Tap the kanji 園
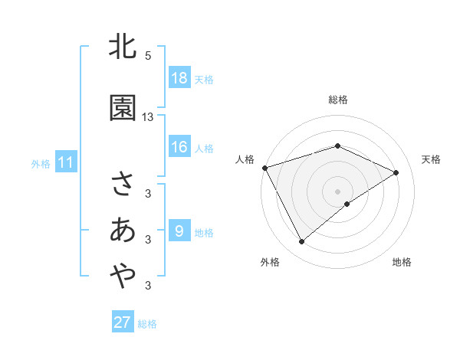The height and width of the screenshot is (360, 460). [123, 108]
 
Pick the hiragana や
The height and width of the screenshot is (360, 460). [123, 276]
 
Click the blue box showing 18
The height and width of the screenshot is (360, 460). [179, 78]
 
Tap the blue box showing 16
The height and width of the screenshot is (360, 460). [179, 148]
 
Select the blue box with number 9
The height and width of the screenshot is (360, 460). [179, 232]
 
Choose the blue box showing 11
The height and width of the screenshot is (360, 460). [65, 162]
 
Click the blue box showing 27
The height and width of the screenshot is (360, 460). [122, 322]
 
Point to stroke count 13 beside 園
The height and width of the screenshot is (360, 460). [148, 117]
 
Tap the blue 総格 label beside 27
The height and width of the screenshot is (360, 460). [147, 324]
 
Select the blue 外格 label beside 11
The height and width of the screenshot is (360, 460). [41, 164]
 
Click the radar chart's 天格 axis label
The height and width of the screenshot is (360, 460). [431, 159]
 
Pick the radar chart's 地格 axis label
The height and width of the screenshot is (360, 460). [402, 262]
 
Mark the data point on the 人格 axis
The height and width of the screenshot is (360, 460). [264, 168]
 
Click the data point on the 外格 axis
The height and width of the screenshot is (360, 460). [301, 242]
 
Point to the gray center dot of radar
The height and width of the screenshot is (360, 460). [337, 191]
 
